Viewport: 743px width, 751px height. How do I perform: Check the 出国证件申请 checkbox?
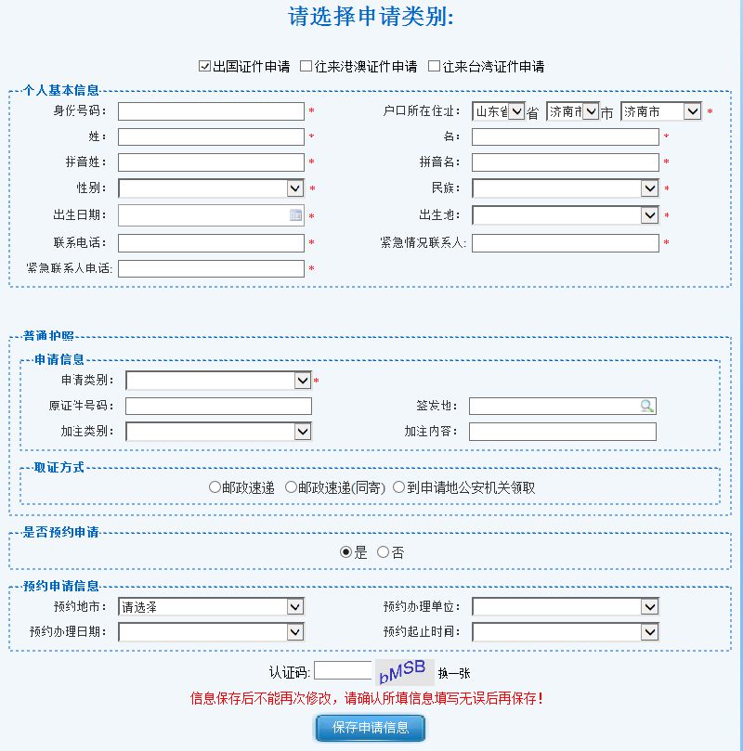pos(205,67)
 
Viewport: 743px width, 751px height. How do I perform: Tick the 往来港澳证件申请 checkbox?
pos(306,67)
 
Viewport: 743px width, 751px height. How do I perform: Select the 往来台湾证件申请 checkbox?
pos(434,67)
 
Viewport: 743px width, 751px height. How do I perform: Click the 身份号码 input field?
pos(211,111)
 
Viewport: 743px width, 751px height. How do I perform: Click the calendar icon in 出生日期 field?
pos(295,215)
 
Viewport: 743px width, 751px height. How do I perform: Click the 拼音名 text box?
pos(565,162)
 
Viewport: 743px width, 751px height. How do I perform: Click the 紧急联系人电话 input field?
pos(211,269)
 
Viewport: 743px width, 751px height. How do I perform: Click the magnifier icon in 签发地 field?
pos(646,406)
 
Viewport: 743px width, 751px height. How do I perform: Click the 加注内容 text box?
pos(562,432)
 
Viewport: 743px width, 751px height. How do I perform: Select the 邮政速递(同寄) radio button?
pos(291,487)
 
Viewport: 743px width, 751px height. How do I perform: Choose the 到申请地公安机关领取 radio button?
pos(399,487)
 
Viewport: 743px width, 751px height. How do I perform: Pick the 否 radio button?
pos(383,552)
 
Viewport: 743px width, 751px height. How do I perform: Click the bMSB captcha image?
pos(403,671)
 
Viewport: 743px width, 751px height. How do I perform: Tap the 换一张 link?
pos(454,673)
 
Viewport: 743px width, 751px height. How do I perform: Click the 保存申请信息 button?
pos(370,728)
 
